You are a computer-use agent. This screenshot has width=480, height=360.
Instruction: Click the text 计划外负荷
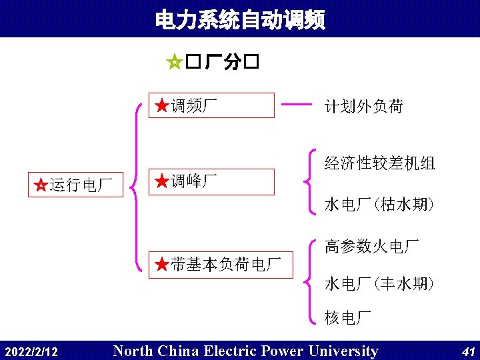[x=363, y=106]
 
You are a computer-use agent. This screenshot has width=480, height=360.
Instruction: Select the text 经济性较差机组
[x=379, y=163]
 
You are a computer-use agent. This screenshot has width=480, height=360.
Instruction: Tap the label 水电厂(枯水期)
[x=379, y=204]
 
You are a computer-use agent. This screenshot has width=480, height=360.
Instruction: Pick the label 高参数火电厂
[x=371, y=247]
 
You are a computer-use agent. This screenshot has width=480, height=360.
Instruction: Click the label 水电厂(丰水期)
[x=379, y=284]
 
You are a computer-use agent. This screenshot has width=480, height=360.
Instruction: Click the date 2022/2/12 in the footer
[x=31, y=351]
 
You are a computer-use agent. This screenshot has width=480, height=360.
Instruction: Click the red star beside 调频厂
[x=161, y=105]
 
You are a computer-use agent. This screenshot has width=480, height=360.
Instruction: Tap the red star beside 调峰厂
[x=161, y=181]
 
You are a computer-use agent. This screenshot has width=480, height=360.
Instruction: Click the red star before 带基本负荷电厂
[x=161, y=265]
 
